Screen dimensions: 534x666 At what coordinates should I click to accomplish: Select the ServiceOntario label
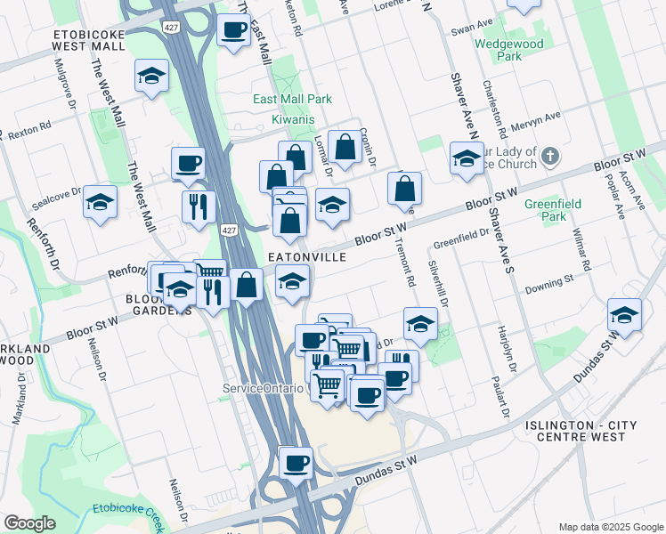pos(264,389)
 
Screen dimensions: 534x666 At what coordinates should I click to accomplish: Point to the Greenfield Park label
pos(552,210)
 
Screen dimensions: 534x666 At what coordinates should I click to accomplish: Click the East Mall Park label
pos(292,99)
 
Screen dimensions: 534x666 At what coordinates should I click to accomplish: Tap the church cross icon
pos(551,158)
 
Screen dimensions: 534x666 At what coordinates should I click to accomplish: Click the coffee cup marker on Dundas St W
pos(296,463)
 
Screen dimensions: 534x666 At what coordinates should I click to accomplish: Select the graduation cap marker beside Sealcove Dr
pos(101,202)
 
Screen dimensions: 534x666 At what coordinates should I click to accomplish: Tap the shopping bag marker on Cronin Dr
pos(345,147)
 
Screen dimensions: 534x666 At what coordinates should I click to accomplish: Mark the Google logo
pos(29,523)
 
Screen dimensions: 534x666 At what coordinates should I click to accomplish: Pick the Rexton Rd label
pos(31,127)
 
